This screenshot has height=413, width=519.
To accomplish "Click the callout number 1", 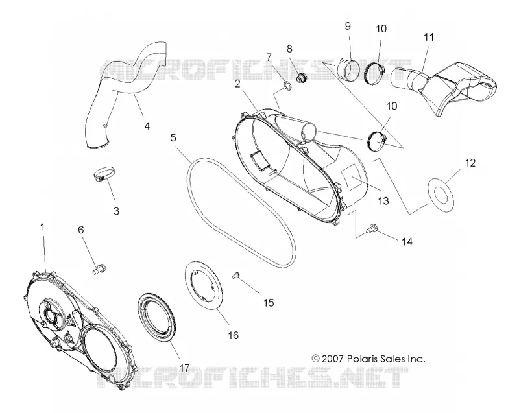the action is [x=42, y=227].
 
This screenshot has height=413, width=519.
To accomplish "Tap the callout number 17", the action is [x=184, y=368].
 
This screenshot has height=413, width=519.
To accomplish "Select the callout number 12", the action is [x=470, y=163].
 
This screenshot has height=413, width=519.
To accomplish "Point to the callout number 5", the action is [x=173, y=137].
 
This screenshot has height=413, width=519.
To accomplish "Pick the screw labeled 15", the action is [x=236, y=275].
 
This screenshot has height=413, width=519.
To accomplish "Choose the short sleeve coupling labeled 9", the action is [x=346, y=70].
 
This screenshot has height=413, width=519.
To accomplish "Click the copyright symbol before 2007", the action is [x=316, y=359].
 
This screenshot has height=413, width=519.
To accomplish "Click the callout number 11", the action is [x=429, y=37].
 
